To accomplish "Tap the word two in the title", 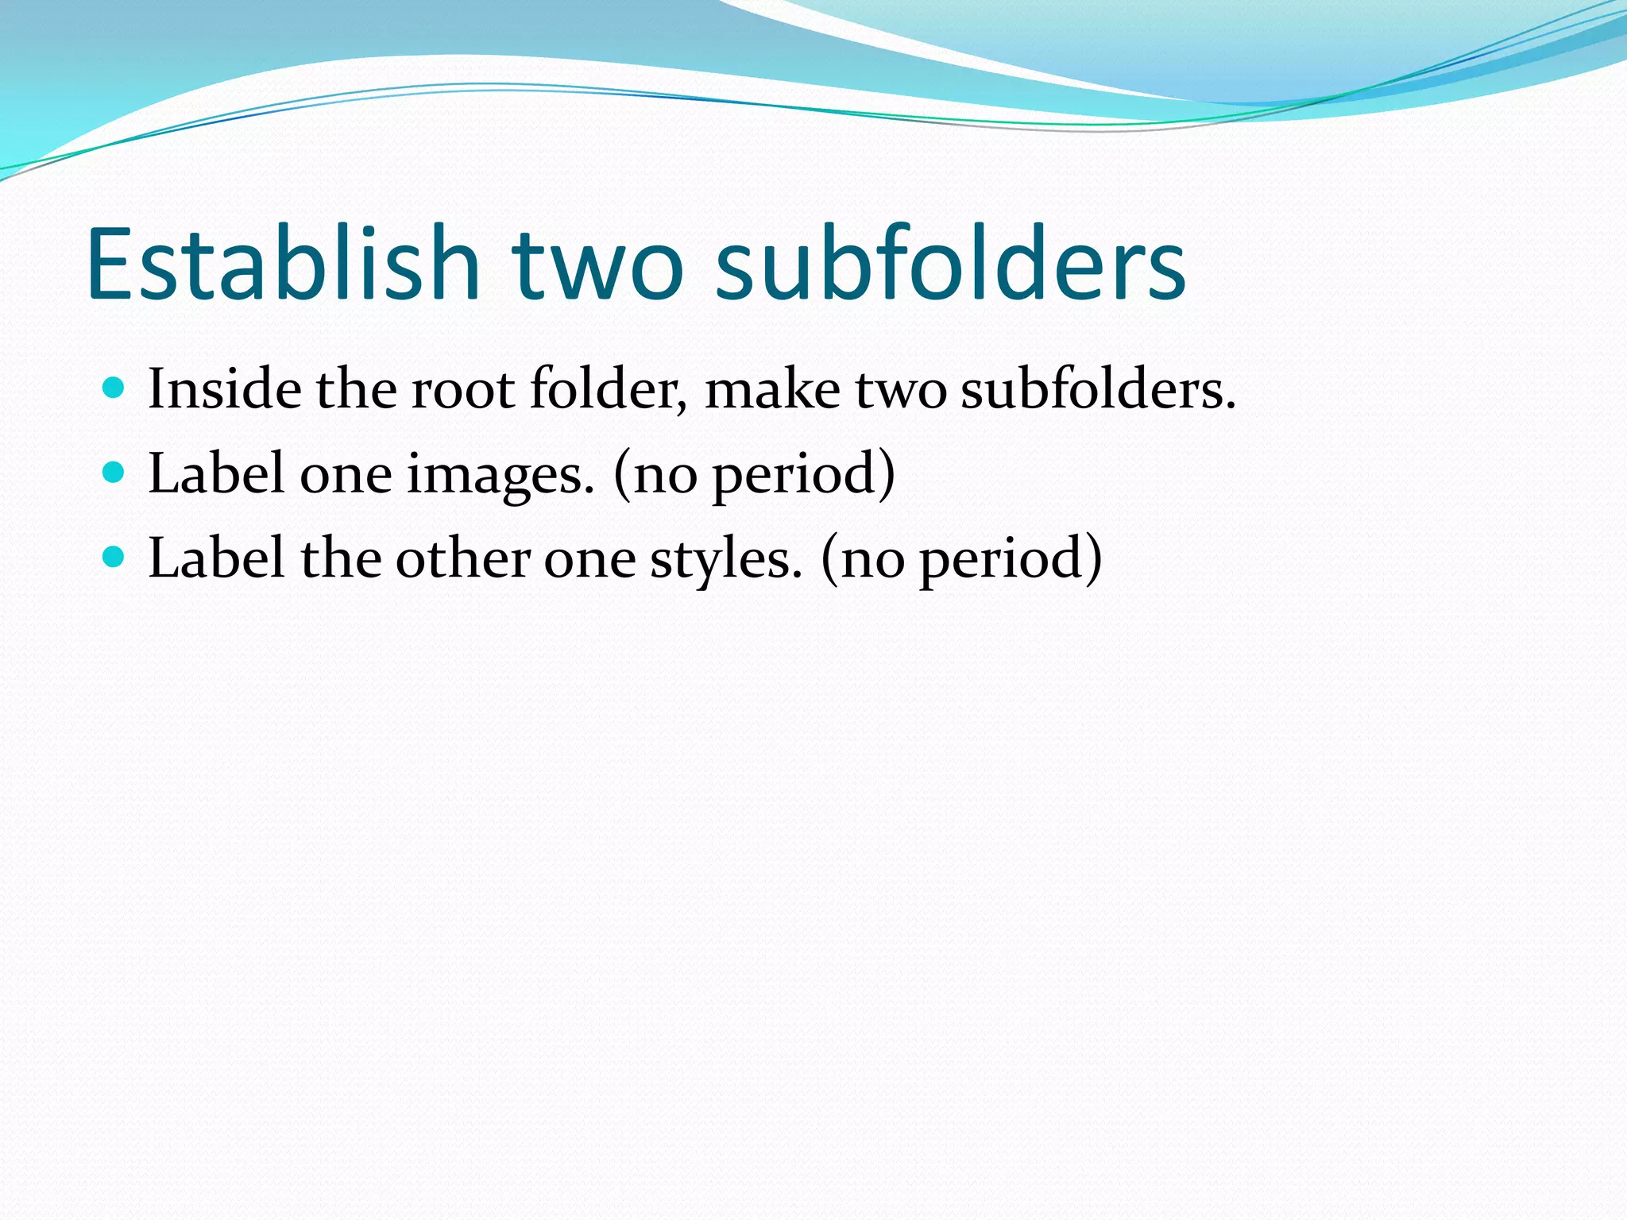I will [597, 264].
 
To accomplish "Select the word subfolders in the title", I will [950, 264].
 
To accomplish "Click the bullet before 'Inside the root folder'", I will [114, 388].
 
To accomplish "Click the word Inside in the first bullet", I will [225, 389].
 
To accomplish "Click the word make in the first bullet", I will [771, 389].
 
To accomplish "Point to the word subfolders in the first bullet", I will [1097, 389].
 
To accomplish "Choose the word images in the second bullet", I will [500, 474].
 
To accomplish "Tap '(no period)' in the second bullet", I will [754, 474].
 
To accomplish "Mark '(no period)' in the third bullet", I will [961, 558].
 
